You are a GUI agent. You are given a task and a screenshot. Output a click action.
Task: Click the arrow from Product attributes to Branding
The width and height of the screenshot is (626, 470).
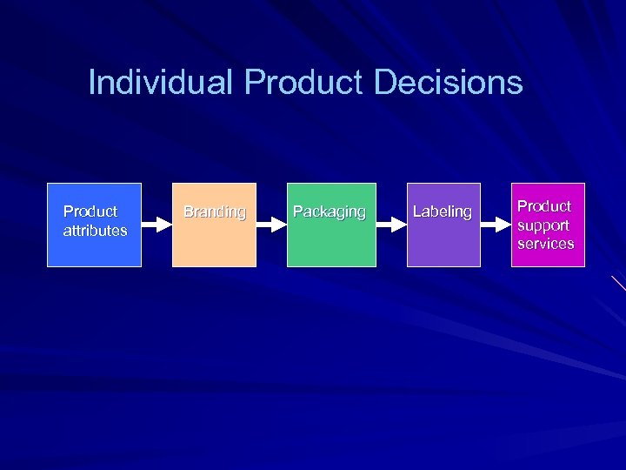tap(156, 225)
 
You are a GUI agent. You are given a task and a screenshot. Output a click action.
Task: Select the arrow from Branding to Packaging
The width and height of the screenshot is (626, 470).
tap(272, 225)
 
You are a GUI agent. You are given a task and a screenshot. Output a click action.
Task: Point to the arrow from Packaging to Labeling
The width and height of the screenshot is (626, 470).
tap(392, 225)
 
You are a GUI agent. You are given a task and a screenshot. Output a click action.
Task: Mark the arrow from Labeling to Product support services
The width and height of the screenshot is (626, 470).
tap(496, 225)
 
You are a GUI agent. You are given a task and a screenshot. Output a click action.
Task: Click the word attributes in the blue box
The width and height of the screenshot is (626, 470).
tap(96, 231)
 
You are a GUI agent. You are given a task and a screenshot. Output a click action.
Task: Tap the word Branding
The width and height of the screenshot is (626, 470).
tap(214, 211)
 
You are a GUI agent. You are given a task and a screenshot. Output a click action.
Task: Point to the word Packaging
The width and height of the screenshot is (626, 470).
tap(330, 211)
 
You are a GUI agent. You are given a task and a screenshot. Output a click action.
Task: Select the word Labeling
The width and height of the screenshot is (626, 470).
tap(443, 211)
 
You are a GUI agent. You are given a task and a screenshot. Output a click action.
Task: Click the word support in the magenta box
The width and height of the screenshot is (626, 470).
tap(544, 225)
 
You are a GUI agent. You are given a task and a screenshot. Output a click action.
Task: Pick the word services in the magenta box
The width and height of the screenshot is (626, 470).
tap(546, 244)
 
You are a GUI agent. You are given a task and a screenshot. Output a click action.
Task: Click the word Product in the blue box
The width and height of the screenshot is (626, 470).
tap(90, 211)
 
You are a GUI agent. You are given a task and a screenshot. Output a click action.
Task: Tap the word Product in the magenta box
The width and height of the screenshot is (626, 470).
tap(545, 206)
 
